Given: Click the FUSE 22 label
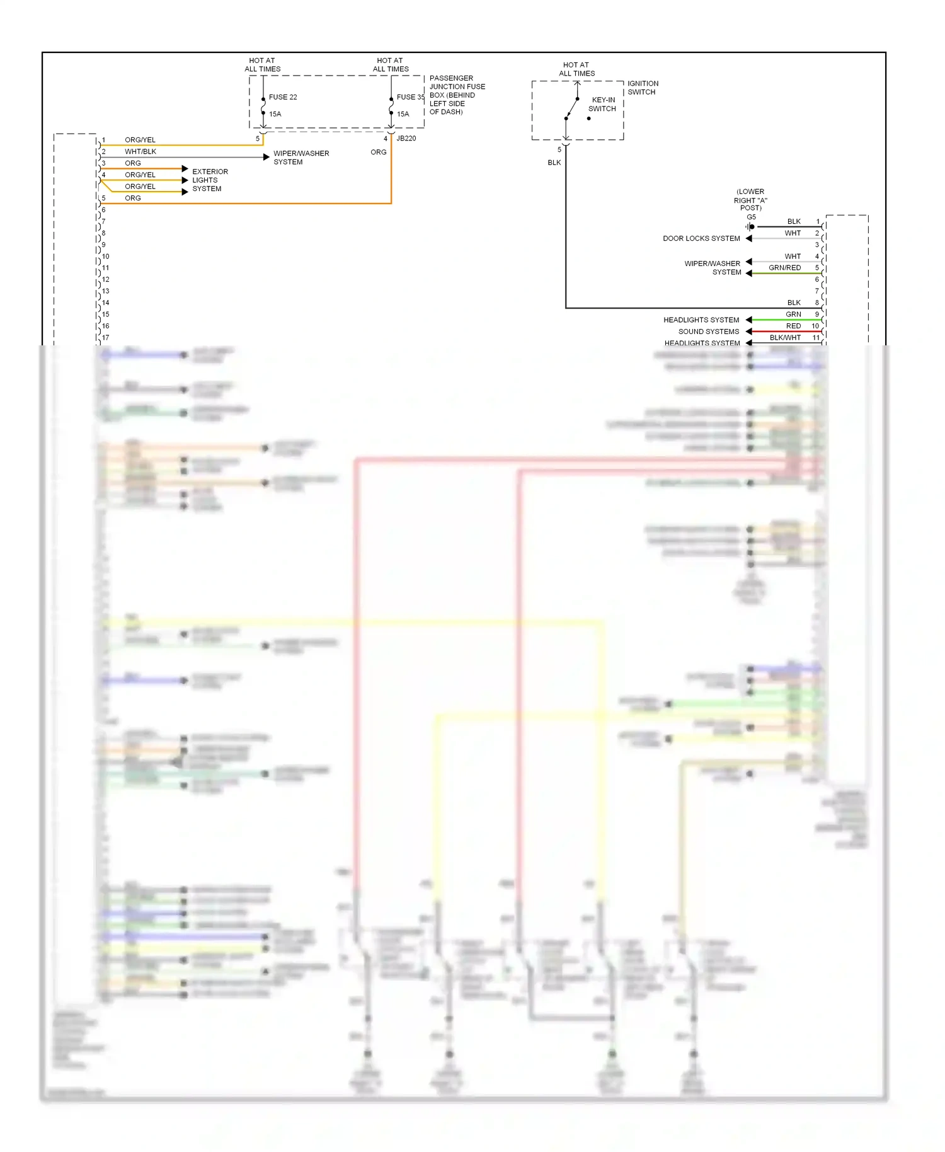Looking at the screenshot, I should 282,97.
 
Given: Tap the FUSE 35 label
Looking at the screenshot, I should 410,97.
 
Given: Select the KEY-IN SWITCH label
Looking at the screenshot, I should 602,104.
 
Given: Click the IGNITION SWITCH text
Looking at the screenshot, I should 643,88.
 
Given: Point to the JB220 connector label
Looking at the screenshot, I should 406,138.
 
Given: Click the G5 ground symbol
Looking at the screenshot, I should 750,227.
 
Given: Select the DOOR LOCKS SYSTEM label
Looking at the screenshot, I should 701,238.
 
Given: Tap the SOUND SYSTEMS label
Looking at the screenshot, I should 709,331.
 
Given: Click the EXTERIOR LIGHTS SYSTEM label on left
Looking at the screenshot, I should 210,180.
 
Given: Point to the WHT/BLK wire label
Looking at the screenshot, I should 140,151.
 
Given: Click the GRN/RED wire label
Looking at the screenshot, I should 784,268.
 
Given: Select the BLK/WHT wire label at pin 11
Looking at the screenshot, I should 785,338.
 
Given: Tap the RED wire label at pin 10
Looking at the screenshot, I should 793,326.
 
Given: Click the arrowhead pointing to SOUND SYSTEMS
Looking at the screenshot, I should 749,331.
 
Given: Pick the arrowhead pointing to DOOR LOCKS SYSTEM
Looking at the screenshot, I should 749,238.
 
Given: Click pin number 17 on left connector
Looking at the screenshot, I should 106,338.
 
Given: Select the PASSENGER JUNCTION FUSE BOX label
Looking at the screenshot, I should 457,95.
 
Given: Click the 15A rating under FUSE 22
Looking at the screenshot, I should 275,114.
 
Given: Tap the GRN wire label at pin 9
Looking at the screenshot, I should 793,314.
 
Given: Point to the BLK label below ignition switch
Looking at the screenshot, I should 554,163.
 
